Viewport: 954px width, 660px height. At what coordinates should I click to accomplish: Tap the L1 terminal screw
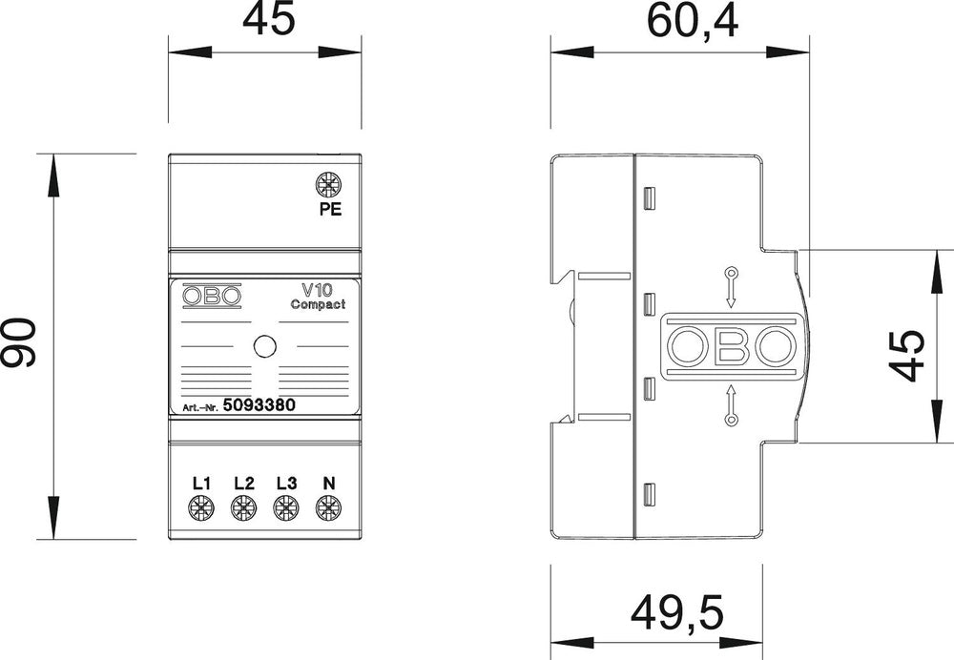point(200,509)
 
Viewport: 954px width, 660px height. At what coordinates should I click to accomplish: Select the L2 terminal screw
point(243,509)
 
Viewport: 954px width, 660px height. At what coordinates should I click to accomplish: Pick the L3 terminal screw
point(285,509)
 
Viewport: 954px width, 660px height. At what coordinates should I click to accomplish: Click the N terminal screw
point(328,509)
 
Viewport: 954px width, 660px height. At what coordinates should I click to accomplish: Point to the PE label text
point(329,212)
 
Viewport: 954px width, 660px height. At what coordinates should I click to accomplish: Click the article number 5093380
point(258,404)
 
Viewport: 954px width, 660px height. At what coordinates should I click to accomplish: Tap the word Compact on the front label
point(318,305)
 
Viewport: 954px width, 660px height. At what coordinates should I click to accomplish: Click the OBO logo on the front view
point(212,297)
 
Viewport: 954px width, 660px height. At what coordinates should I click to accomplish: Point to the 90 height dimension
point(19,343)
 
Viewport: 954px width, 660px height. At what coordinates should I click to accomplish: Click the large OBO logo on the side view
point(730,347)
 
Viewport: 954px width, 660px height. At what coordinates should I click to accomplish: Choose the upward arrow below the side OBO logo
point(731,404)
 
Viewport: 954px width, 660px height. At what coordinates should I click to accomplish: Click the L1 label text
point(200,483)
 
